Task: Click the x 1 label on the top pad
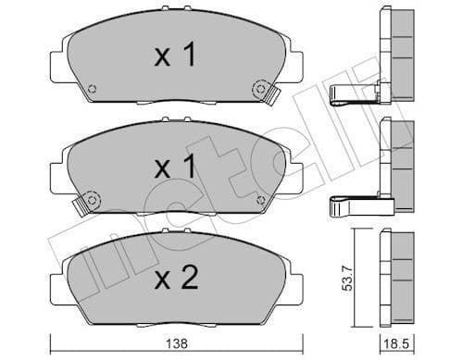click(174, 56)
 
